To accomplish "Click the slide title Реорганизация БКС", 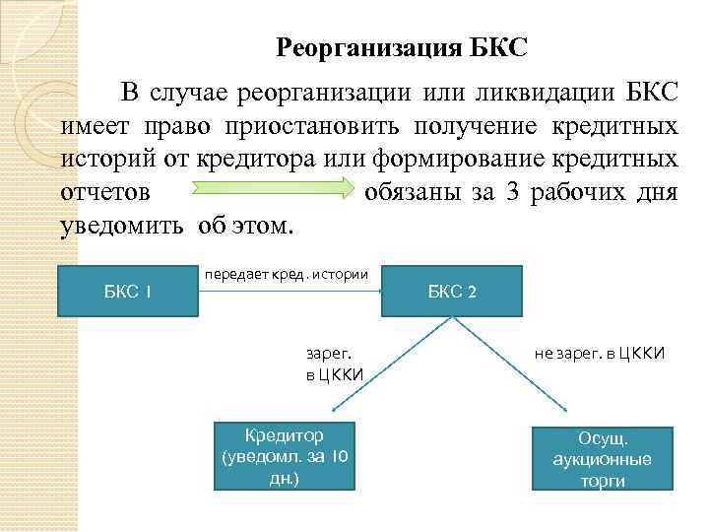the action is pyautogui.click(x=402, y=47).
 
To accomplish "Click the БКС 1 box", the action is pyautogui.click(x=128, y=291).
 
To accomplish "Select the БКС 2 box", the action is pyautogui.click(x=452, y=292).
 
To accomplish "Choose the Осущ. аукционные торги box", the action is pyautogui.click(x=603, y=458).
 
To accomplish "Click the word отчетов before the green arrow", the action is pyautogui.click(x=105, y=191).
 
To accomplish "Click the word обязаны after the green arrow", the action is pyautogui.click(x=410, y=191).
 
